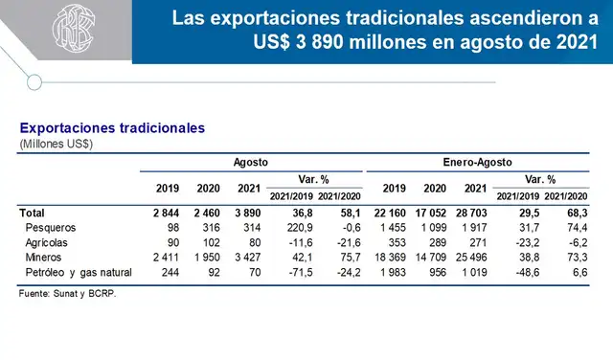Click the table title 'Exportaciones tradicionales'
(x=112, y=128)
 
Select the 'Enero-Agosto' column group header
(x=475, y=164)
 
